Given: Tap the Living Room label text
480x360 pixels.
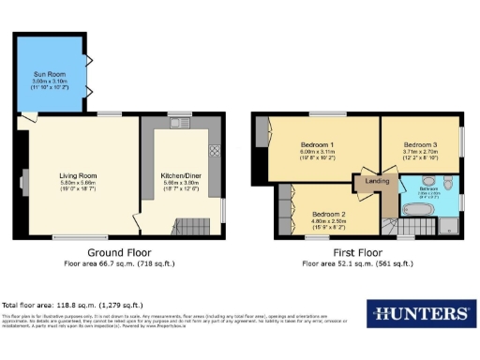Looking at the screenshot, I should (79, 174).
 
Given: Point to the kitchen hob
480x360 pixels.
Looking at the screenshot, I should (213, 150).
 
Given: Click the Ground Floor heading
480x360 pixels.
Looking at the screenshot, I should (118, 253).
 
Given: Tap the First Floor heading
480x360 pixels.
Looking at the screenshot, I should (354, 253).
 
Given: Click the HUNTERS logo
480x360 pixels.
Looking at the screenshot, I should (418, 314).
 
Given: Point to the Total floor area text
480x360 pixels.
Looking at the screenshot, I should (72, 306).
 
